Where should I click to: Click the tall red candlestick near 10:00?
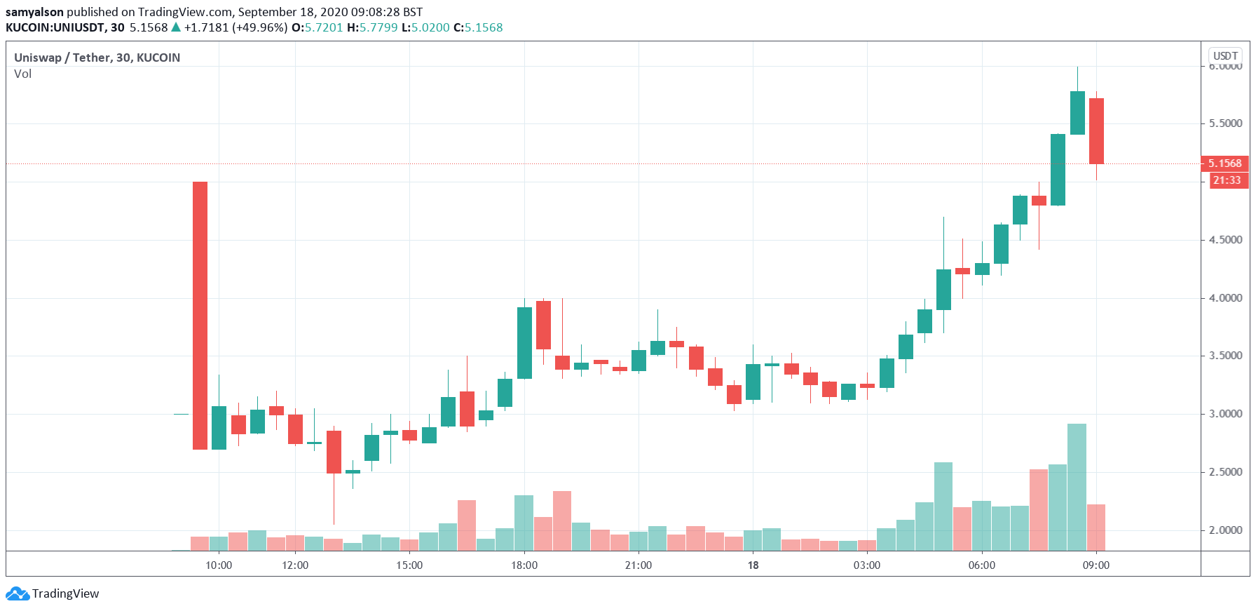tap(200, 315)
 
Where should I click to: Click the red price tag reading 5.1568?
tap(1224, 163)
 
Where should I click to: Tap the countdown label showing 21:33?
tap(1227, 180)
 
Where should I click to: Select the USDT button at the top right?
tap(1225, 55)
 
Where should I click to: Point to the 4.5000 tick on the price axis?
tap(1225, 240)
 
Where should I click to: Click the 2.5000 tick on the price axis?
tap(1225, 472)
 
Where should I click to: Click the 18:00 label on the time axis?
tap(524, 565)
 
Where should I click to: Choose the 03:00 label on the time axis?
tap(867, 565)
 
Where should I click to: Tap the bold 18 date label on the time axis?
tap(753, 565)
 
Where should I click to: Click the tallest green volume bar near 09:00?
tap(1077, 487)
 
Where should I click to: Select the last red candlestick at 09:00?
tap(1096, 131)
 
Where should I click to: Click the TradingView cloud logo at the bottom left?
tap(18, 594)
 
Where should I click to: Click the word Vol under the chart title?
tap(22, 74)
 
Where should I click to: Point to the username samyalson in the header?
tap(34, 12)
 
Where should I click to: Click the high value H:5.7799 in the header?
tap(372, 27)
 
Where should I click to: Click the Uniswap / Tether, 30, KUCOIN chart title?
tap(97, 58)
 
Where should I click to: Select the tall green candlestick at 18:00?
tap(524, 342)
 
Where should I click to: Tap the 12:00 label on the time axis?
tap(295, 565)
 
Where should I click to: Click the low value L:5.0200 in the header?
tap(425, 27)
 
